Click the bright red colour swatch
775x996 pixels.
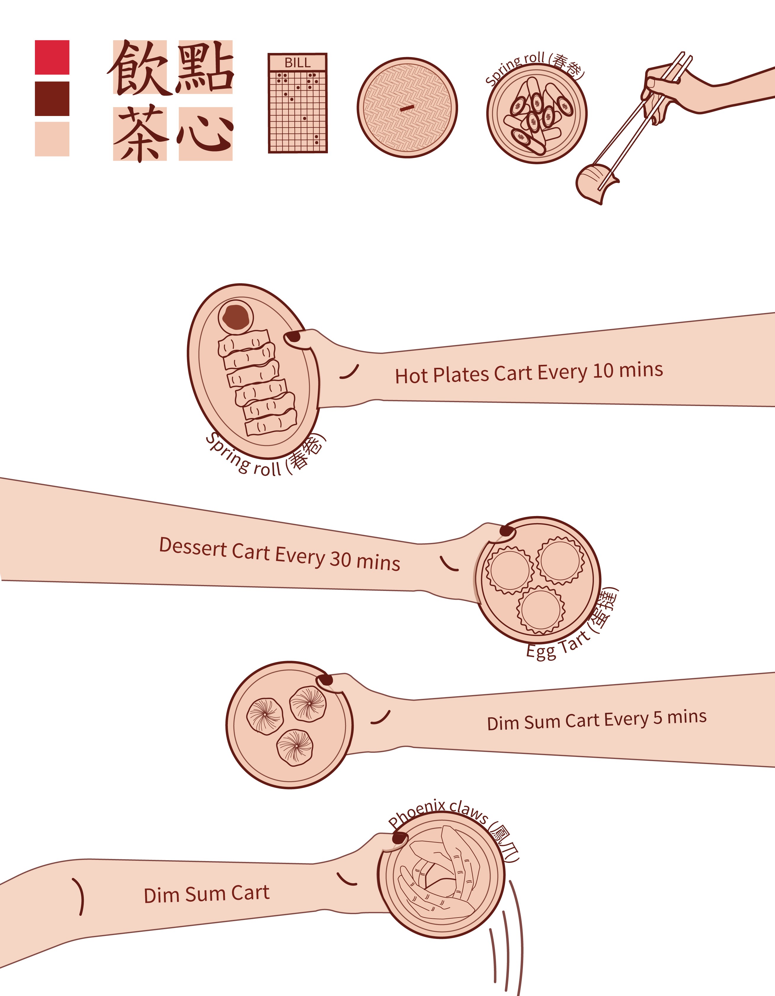coord(52,57)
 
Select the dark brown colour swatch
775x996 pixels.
coord(52,99)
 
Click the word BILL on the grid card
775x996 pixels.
coord(297,63)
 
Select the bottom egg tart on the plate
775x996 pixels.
coord(541,610)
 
